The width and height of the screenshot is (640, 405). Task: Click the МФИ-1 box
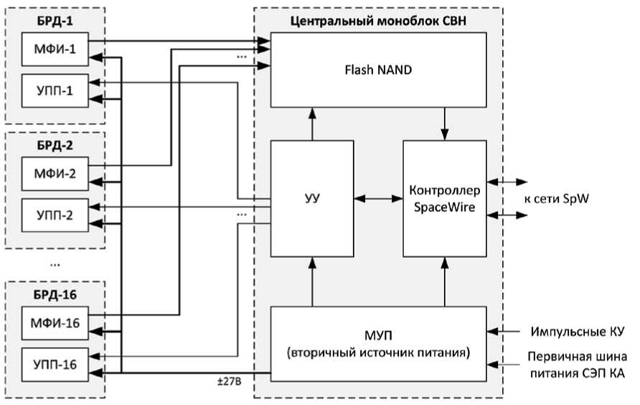click(55, 49)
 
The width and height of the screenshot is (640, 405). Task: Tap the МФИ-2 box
click(55, 173)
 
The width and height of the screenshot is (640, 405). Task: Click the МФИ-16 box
click(55, 322)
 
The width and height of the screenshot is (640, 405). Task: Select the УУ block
click(312, 198)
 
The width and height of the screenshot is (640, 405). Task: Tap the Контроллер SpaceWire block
click(444, 198)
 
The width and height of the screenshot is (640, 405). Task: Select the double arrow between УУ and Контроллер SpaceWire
click(378, 198)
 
